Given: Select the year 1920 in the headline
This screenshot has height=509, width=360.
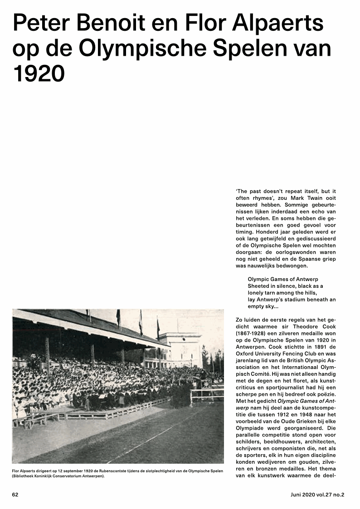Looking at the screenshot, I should [39, 74].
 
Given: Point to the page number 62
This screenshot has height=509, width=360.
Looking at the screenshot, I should [15, 495].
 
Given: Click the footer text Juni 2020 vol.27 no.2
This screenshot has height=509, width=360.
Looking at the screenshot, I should [317, 495].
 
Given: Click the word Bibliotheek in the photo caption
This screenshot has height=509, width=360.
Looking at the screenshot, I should [26, 476].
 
